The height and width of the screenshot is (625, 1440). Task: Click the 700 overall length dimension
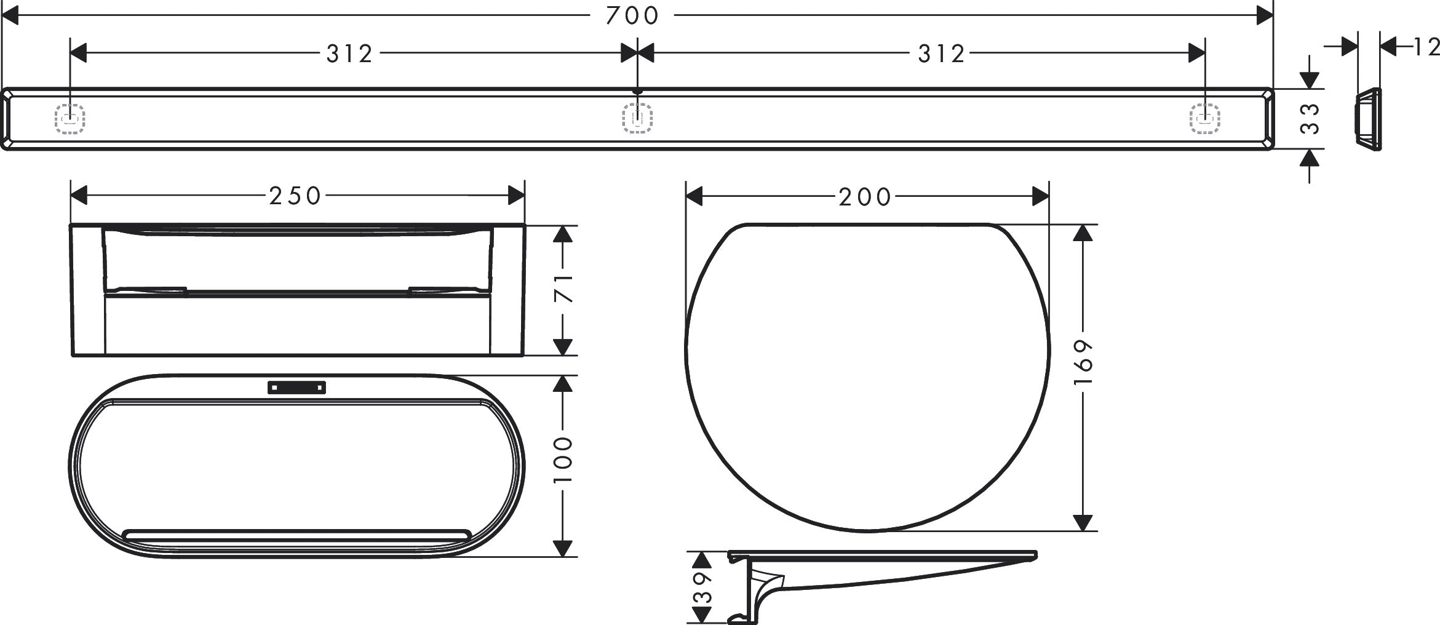click(632, 15)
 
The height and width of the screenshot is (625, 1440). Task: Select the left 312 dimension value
click(349, 54)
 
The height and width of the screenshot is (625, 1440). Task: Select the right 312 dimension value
click(941, 54)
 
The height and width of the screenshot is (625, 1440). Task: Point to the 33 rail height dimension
click(1310, 119)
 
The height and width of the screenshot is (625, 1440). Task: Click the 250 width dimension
click(295, 196)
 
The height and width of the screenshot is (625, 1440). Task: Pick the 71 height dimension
click(563, 289)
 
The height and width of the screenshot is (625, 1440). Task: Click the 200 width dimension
click(864, 197)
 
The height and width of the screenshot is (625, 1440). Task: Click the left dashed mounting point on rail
click(70, 118)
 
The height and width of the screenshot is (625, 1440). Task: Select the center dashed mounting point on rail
click(637, 118)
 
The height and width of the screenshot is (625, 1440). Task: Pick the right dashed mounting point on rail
click(1204, 118)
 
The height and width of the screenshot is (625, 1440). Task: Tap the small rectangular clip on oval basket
click(296, 388)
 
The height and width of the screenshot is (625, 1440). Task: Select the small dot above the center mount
click(637, 92)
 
